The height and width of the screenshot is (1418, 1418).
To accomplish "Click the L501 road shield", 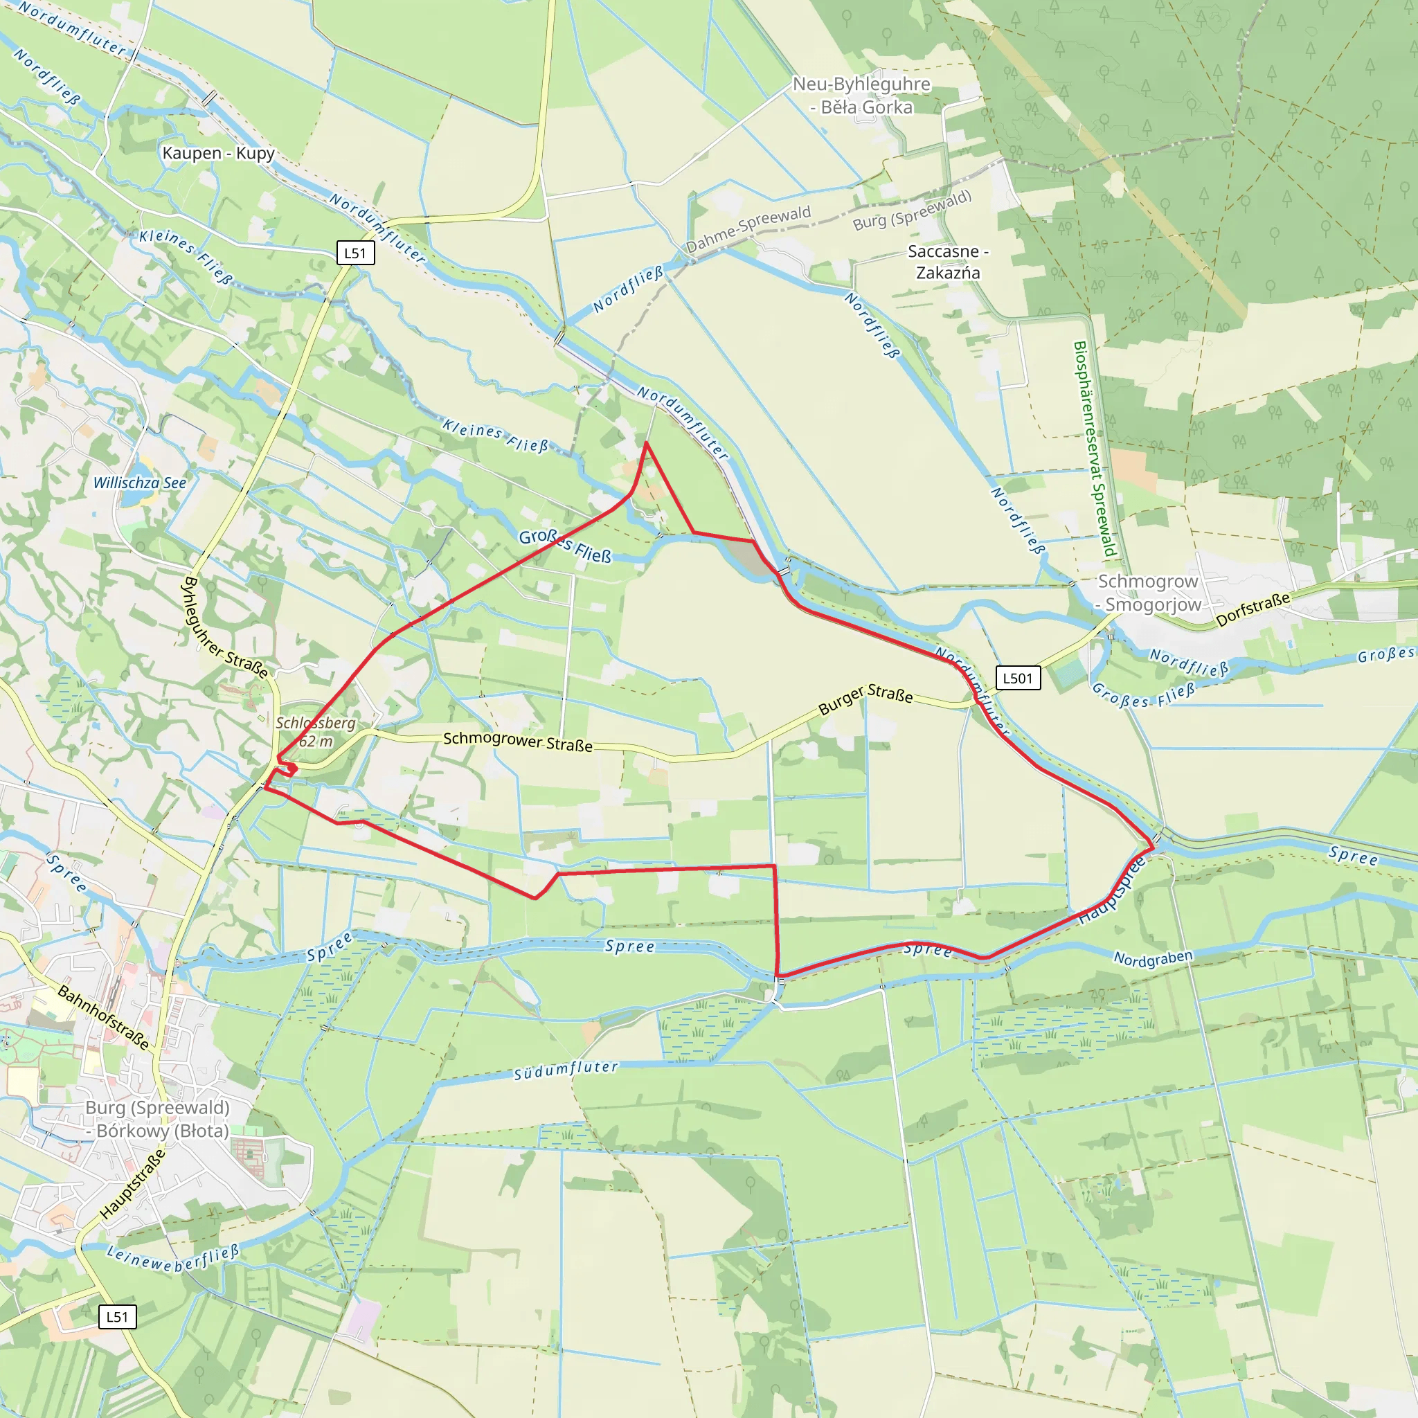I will point(1017,678).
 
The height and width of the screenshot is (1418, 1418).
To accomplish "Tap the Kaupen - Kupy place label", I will point(219,154).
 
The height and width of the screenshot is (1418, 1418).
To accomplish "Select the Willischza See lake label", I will point(139,483).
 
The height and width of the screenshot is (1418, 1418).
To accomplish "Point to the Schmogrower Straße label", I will point(517,742).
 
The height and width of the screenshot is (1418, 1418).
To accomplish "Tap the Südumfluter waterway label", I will point(565,1070).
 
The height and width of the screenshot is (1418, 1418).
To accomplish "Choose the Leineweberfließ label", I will point(173,1259).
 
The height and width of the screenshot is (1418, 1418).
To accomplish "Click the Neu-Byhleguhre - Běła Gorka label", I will point(861,96).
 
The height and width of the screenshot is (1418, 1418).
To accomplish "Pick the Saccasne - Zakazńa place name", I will point(948,262).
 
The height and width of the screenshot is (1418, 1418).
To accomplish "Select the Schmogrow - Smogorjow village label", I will point(1149,593).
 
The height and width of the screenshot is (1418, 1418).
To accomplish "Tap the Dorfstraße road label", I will point(1253,610).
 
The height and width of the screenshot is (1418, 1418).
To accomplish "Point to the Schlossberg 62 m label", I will point(316,732).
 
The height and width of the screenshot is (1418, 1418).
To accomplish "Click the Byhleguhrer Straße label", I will point(224,628).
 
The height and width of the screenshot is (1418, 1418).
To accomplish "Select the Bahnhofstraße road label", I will point(103,1017).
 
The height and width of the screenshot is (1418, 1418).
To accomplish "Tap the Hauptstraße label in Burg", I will point(133,1184).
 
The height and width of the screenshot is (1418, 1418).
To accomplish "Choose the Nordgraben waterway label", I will point(1153,958).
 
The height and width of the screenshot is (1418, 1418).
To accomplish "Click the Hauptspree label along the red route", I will point(1111,890).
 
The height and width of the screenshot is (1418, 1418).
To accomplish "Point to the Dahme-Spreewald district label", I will point(748,228).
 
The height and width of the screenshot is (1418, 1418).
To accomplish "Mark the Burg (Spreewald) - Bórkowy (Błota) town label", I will point(158,1120).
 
